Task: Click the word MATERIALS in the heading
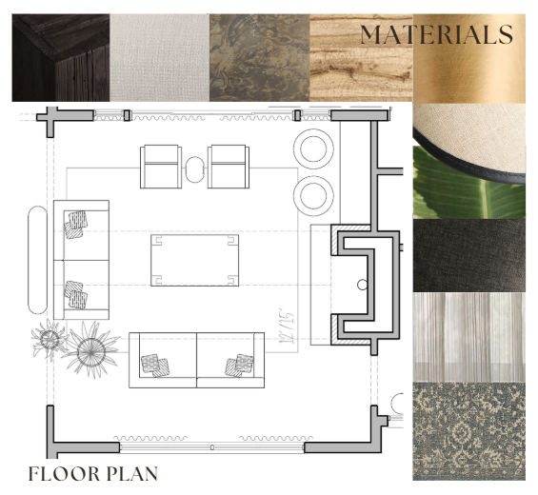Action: pyautogui.click(x=436, y=34)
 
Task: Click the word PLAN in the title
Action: pyautogui.click(x=132, y=474)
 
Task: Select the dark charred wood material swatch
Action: pyautogui.click(x=61, y=58)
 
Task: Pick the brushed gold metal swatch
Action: pyautogui.click(x=468, y=58)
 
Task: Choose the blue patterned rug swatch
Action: pyautogui.click(x=468, y=431)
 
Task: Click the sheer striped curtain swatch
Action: pyautogui.click(x=468, y=337)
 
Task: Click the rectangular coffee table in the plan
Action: pyautogui.click(x=195, y=260)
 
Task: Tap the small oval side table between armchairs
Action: pyautogui.click(x=195, y=169)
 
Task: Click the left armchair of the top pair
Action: pyautogui.click(x=161, y=167)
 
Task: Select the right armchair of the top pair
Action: pyautogui.click(x=229, y=167)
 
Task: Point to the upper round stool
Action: pyautogui.click(x=313, y=148)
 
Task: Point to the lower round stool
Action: pyautogui.click(x=313, y=195)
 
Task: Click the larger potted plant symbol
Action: pyautogui.click(x=91, y=350)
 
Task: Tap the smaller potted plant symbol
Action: pyautogui.click(x=50, y=339)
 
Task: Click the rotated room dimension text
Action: pyautogui.click(x=287, y=326)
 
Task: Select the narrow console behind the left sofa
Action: pyautogui.click(x=37, y=260)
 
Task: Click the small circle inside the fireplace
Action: pyautogui.click(x=363, y=285)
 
